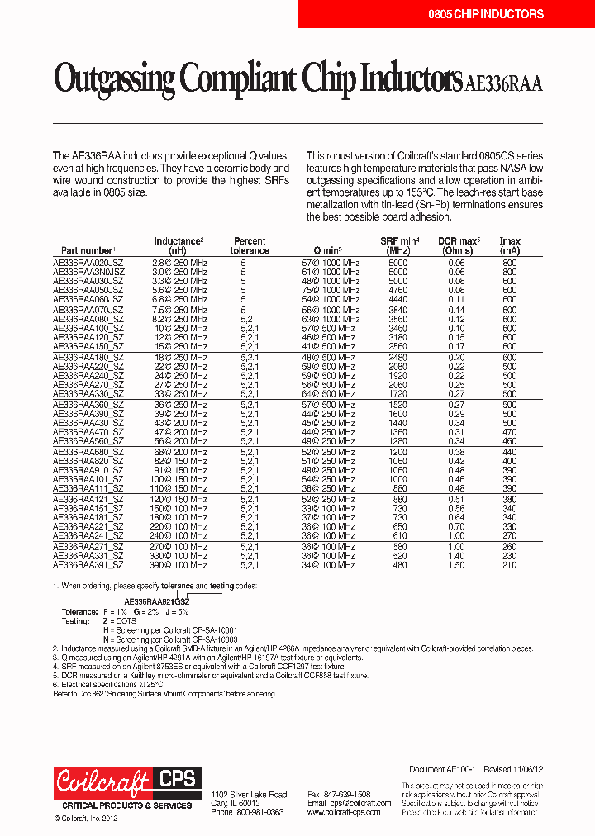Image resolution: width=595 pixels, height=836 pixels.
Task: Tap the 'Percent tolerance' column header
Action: tap(250, 245)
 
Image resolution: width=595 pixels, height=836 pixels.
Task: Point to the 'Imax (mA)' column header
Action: tap(510, 245)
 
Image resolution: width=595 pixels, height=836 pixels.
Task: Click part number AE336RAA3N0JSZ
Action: tap(88, 272)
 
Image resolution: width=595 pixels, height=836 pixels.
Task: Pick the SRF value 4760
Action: tap(397, 291)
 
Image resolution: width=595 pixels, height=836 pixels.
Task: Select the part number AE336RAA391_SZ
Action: tap(88, 566)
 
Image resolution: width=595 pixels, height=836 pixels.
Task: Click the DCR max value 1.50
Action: tap(456, 566)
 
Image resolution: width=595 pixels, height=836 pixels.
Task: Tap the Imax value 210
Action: tap(510, 566)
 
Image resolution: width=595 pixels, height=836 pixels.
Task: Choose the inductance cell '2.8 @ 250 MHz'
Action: tap(180, 263)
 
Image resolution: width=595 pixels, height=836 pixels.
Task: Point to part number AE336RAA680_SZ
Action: tap(88, 453)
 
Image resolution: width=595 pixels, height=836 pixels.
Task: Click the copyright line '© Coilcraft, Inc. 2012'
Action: tap(87, 819)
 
